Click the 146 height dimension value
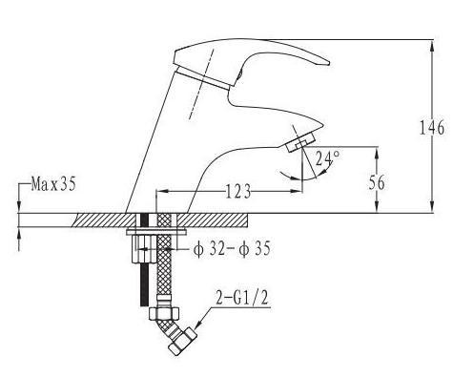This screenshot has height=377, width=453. [431, 128]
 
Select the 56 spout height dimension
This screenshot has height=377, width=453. [377, 182]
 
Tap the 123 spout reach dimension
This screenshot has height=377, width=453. [238, 192]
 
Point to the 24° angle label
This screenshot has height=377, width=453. [327, 158]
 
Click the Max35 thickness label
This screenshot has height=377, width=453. [53, 184]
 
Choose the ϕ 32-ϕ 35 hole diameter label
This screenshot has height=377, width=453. [232, 249]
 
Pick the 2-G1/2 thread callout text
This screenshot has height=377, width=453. [242, 299]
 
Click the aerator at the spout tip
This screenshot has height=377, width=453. [300, 143]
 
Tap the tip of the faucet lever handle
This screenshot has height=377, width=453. [328, 63]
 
